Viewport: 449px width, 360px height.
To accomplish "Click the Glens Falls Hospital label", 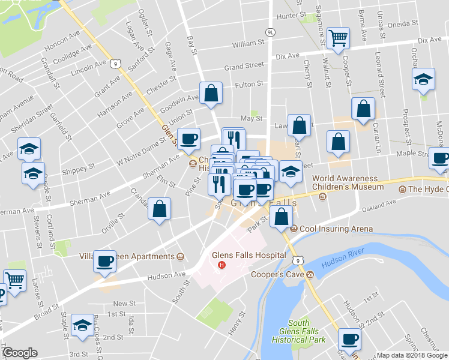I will click(x=249, y=255).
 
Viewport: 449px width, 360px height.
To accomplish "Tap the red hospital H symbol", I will click(x=222, y=265).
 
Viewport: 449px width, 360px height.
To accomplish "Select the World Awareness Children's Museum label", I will click(x=345, y=182).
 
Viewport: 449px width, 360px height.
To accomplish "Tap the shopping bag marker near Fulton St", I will click(x=211, y=93).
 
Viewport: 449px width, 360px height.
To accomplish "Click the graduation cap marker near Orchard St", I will click(x=423, y=80).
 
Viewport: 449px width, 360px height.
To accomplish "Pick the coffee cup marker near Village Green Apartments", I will click(x=105, y=261).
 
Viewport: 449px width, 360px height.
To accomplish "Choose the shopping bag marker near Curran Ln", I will click(x=364, y=109).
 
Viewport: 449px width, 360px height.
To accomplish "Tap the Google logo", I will click(x=19, y=353).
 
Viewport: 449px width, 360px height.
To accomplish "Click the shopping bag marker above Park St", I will click(x=281, y=215).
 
